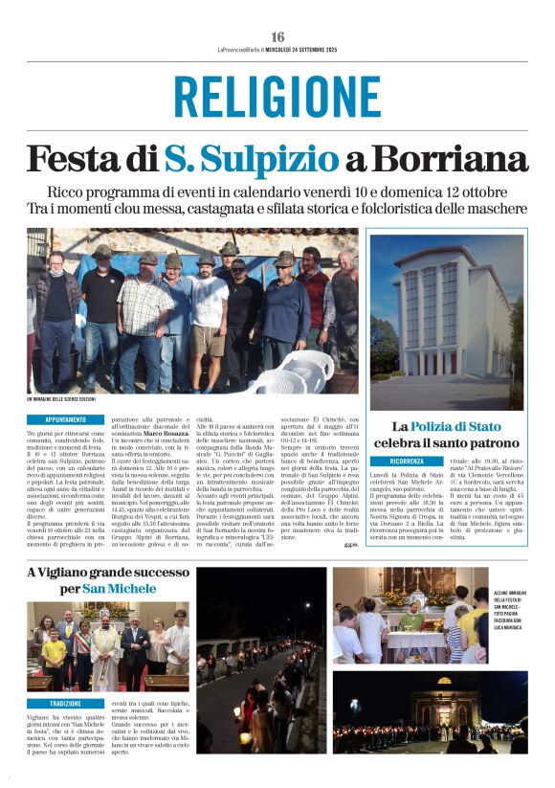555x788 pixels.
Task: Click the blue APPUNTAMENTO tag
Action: click(66, 419)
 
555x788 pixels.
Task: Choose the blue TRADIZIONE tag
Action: click(66, 703)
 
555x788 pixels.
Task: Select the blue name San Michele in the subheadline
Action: click(120, 588)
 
